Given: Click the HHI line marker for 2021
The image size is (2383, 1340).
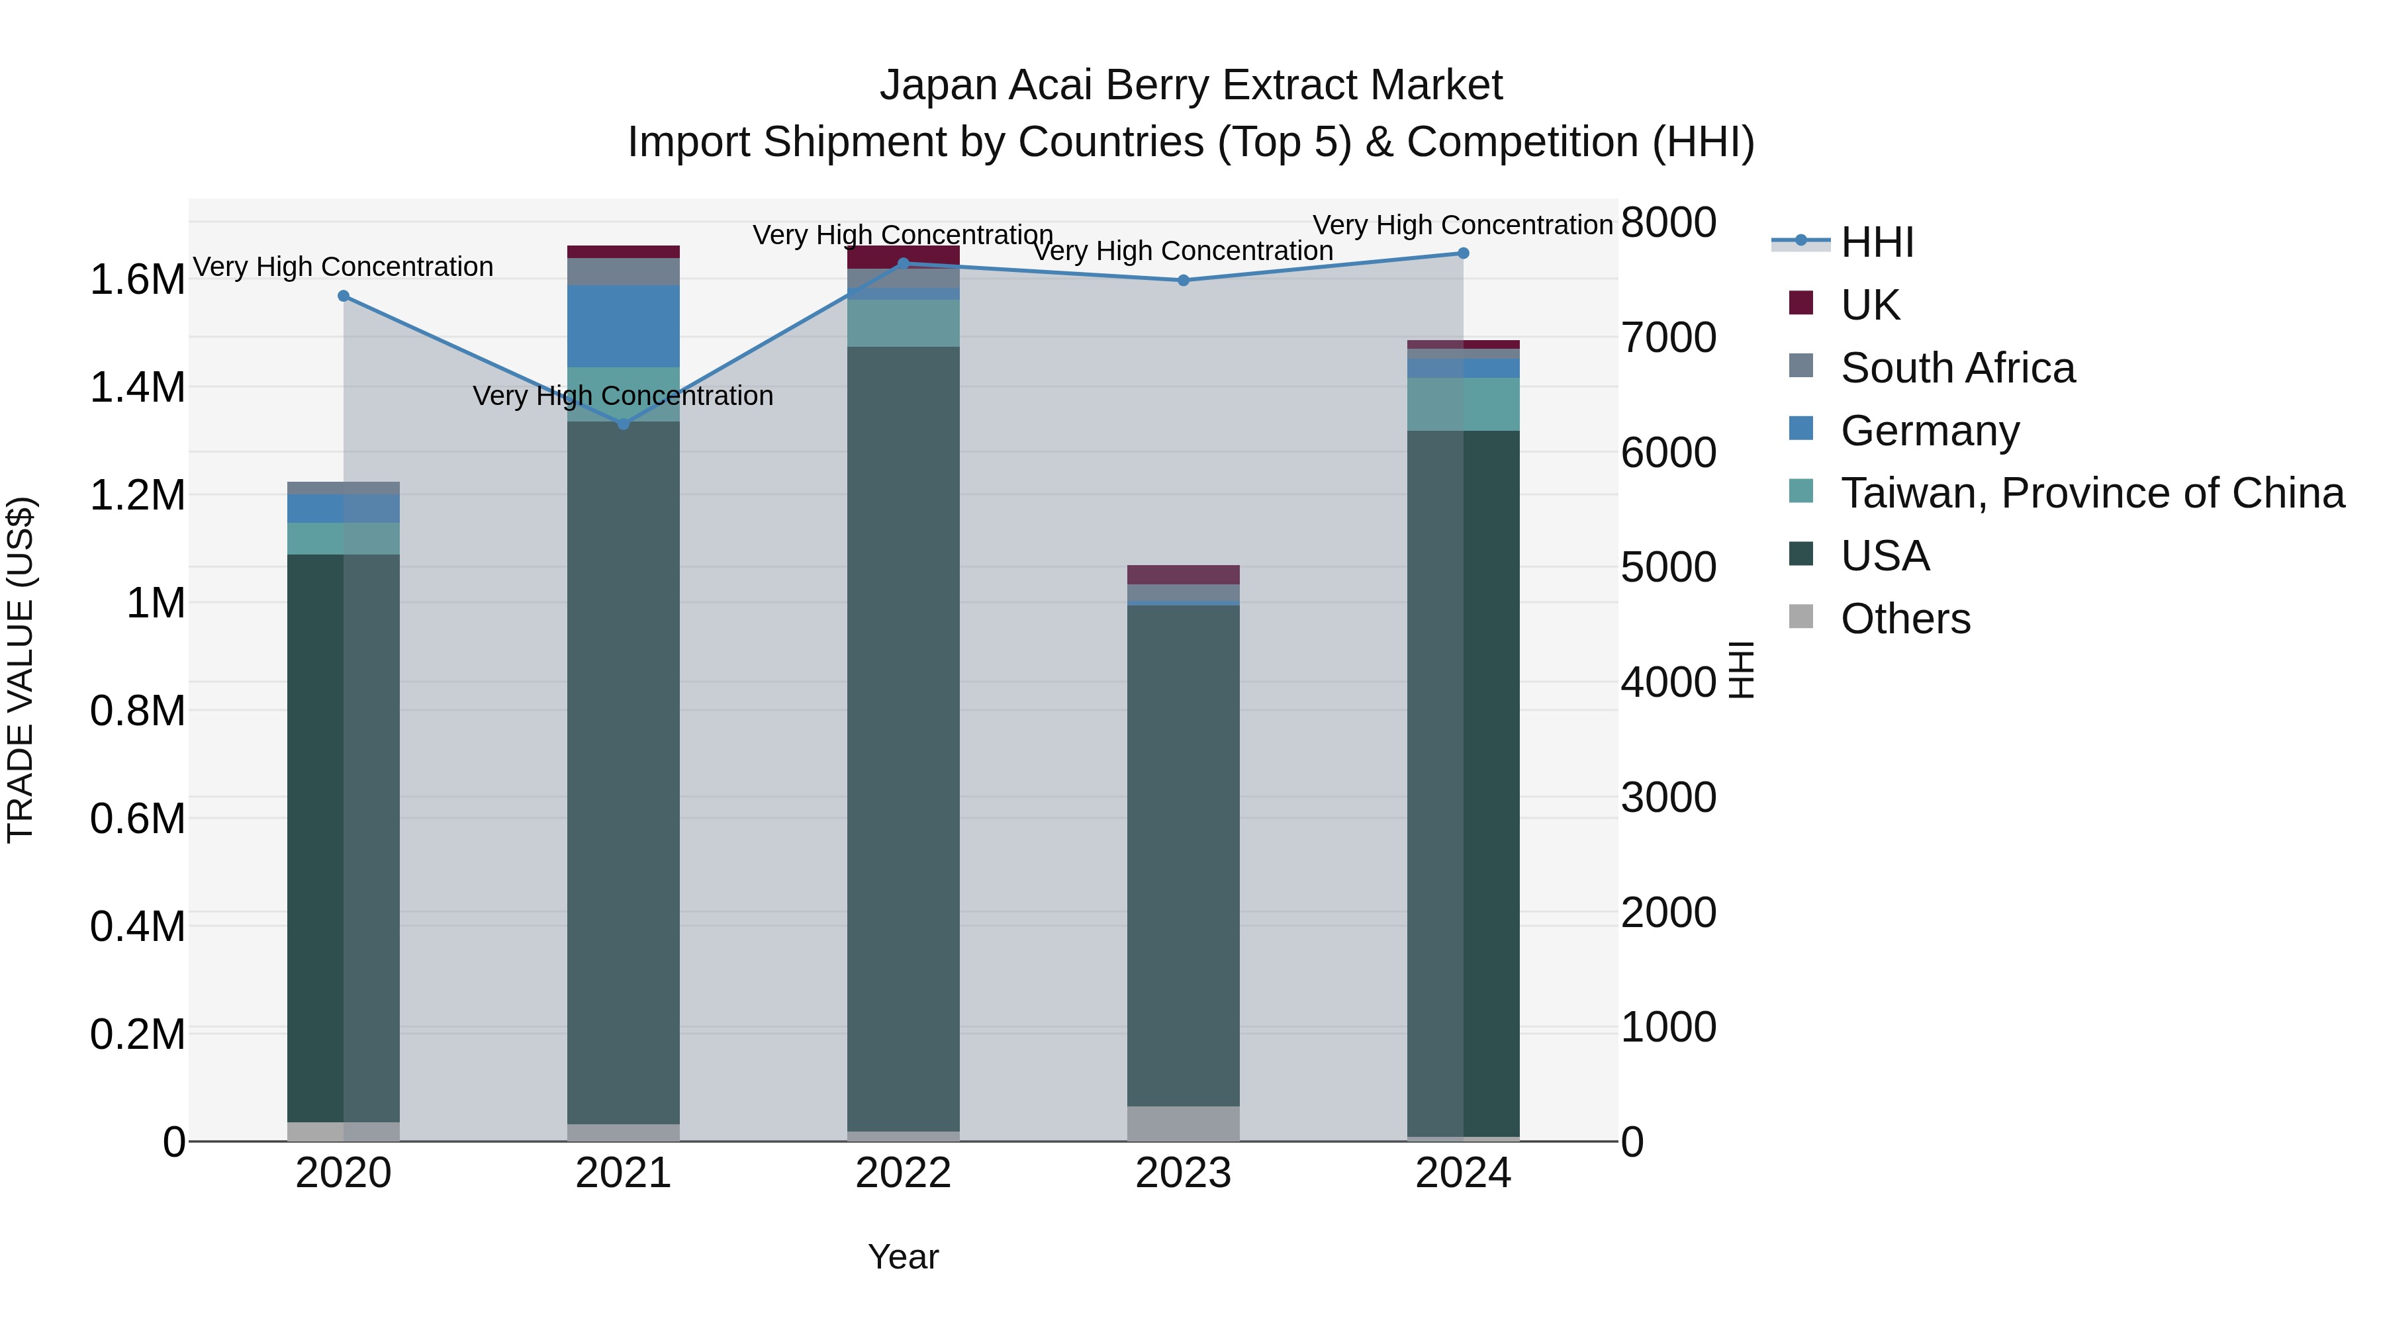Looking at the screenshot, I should tap(623, 424).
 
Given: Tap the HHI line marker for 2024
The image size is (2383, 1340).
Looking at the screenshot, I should tap(1462, 253).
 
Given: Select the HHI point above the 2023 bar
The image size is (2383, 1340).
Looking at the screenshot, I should tap(1183, 280).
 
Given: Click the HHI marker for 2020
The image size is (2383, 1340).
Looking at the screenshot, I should tap(343, 296).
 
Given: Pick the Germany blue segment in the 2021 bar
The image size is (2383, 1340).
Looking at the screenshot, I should tap(623, 326).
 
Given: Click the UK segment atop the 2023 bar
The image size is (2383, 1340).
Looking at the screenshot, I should tap(1183, 574).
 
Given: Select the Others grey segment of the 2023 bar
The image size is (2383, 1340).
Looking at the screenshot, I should tap(1183, 1124).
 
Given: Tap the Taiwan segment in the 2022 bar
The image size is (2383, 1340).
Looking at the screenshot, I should tap(903, 323).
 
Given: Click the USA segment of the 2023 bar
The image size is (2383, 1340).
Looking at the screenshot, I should tap(1183, 856).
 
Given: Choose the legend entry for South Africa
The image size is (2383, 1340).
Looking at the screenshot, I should tap(1957, 368).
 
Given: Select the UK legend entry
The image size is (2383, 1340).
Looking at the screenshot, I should tap(1869, 305).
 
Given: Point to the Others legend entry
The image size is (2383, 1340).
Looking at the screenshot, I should tap(1904, 619).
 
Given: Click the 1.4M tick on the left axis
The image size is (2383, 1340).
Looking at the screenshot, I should tap(137, 388).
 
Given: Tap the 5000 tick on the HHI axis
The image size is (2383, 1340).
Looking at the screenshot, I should tap(1668, 567).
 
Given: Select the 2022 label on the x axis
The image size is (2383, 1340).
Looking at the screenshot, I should tap(903, 1173).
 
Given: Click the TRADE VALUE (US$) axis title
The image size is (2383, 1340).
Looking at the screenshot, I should tap(21, 670).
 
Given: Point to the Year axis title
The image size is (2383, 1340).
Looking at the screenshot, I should tap(903, 1257).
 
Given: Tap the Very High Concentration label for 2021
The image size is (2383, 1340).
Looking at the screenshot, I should tap(623, 396).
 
